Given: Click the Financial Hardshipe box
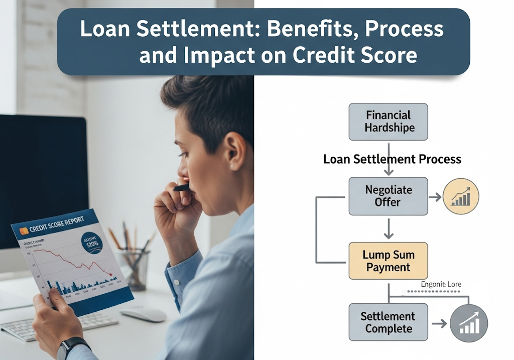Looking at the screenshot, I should [388, 122].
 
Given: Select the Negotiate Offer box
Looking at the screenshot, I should [388, 196].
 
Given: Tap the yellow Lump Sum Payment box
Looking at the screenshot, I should [388, 261].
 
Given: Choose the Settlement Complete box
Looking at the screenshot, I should [388, 323].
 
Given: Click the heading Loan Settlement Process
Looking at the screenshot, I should [392, 159].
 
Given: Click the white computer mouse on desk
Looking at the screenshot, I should [143, 314].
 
